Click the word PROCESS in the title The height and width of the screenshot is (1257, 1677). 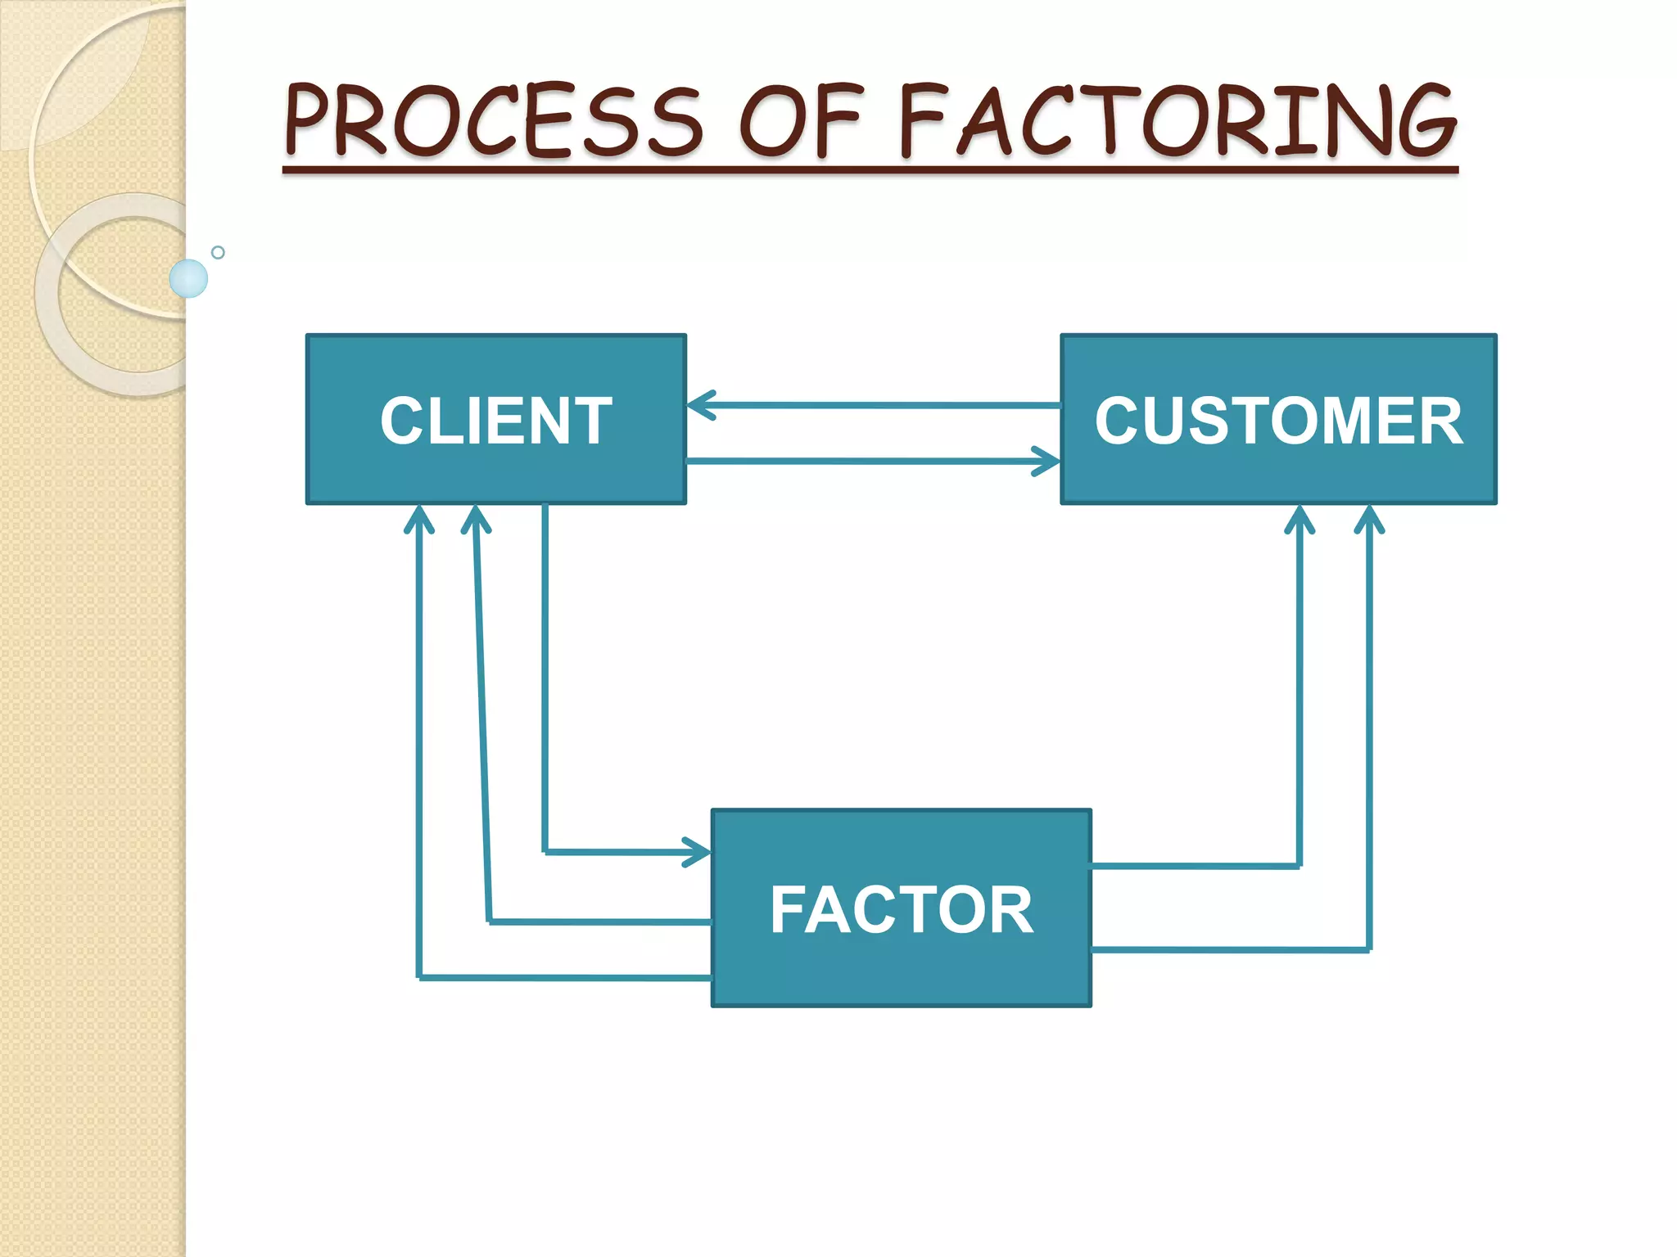pyautogui.click(x=492, y=121)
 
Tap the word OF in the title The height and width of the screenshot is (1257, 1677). pyautogui.click(x=800, y=121)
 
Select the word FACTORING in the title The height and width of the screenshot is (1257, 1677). pyautogui.click(x=1178, y=121)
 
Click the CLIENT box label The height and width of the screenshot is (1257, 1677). pyautogui.click(x=495, y=421)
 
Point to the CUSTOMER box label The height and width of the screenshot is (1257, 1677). pyautogui.click(x=1278, y=421)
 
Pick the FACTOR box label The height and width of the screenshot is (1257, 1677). pyautogui.click(x=902, y=910)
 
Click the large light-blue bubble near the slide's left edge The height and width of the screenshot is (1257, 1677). pyautogui.click(x=188, y=278)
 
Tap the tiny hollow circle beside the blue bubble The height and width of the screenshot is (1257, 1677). pyautogui.click(x=218, y=252)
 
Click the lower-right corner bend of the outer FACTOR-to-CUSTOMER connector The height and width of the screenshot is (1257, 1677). pyautogui.click(x=1369, y=950)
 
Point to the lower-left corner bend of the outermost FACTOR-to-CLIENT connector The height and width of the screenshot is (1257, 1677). pyautogui.click(x=419, y=977)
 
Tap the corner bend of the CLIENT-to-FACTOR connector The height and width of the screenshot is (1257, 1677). pyautogui.click(x=545, y=852)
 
